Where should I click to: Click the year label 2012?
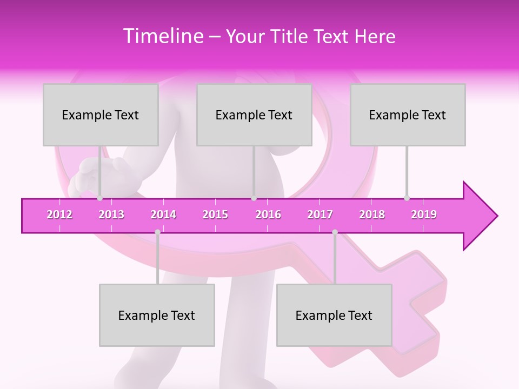[59, 214]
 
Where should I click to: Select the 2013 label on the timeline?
[111, 214]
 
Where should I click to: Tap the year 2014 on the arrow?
[163, 214]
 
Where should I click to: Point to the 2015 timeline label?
[215, 214]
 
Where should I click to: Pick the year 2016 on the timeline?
[268, 214]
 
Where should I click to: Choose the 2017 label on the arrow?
[320, 214]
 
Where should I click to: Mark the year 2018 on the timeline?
[372, 214]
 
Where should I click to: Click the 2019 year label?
[424, 214]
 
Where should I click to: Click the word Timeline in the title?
[162, 36]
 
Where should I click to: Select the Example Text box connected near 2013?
[101, 115]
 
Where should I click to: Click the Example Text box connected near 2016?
[254, 115]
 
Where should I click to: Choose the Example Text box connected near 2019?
[408, 115]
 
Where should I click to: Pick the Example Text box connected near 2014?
[157, 315]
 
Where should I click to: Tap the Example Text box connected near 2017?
[334, 315]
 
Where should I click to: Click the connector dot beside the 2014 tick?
[157, 232]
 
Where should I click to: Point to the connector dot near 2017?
[335, 232]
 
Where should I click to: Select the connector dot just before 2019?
[407, 198]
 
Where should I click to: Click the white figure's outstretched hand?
[89, 173]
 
